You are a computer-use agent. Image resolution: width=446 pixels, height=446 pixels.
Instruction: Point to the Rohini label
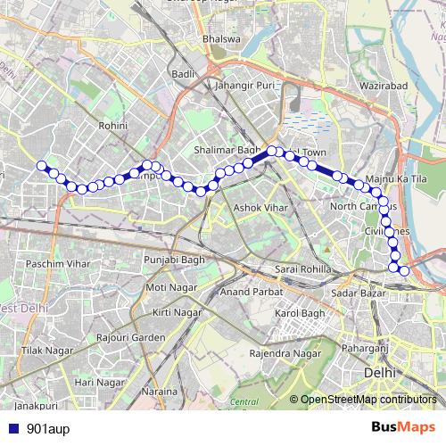[x=113, y=127]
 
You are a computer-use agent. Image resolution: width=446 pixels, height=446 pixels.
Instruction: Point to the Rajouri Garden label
[x=132, y=338]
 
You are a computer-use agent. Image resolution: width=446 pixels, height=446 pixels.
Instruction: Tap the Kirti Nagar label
[x=176, y=312]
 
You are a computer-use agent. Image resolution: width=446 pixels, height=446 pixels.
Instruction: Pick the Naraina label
[x=161, y=392]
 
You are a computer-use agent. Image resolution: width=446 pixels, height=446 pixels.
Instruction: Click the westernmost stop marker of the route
[x=40, y=165]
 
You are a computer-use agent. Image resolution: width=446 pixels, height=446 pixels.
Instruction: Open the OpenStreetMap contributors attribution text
[x=368, y=399]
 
